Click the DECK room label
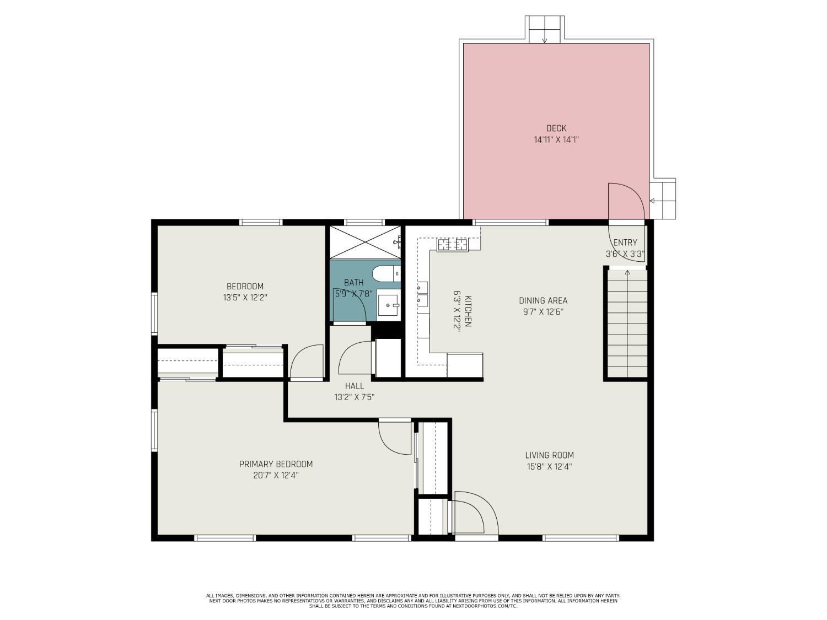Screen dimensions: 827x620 pos(556,128)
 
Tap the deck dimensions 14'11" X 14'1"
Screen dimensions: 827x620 pos(556,140)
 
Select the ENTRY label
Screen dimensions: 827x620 pos(625,242)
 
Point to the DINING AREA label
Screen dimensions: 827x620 pos(543,300)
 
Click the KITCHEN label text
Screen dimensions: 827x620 pos(468,311)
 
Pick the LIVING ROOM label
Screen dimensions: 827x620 pos(549,455)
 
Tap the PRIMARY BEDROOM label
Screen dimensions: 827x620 pos(276,464)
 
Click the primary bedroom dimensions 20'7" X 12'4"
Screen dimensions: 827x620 pos(276,476)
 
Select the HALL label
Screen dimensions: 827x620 pos(355,386)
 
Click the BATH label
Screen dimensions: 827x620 pos(354,282)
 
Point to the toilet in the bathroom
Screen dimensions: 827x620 pos(386,273)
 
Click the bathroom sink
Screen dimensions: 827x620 pos(389,305)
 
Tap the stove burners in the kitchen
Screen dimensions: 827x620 pos(452,245)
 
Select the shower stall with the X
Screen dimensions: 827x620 pos(365,242)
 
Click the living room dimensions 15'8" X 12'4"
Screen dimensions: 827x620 pos(549,467)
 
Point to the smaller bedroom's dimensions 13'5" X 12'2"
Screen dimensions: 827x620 pos(245,298)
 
